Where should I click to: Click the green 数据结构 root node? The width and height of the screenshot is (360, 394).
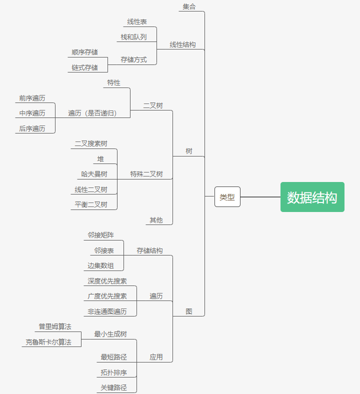pos(312,197)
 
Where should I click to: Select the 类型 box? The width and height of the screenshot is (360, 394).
pos(227,197)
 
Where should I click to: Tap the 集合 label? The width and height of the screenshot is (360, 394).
pos(189,6)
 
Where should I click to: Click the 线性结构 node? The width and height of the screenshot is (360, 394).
pos(182,44)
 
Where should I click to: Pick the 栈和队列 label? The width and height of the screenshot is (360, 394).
pos(133,37)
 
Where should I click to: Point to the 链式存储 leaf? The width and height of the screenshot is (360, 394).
pos(84,67)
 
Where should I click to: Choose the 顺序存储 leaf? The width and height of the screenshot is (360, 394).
pos(84,52)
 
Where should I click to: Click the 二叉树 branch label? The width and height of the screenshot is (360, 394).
pos(153,105)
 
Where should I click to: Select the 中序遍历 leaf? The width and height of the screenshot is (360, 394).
pos(32,113)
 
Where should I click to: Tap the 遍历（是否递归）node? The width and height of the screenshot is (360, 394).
pos(92,113)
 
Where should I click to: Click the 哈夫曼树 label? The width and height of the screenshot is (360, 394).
pos(94,174)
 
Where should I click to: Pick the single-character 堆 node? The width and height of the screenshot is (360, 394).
pos(100,159)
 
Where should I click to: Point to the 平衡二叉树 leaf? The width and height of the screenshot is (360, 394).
pos(91,204)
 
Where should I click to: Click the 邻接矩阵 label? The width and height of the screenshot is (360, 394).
pos(100,235)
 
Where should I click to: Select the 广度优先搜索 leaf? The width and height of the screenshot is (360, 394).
pos(107,296)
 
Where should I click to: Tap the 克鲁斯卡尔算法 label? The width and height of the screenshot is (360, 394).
pos(48,342)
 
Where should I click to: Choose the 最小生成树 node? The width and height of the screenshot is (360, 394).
pos(110,334)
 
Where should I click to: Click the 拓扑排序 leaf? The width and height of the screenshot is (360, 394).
pos(113,372)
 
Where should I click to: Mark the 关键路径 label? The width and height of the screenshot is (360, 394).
pos(113,387)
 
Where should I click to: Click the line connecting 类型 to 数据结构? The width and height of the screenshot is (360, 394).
pos(260,197)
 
